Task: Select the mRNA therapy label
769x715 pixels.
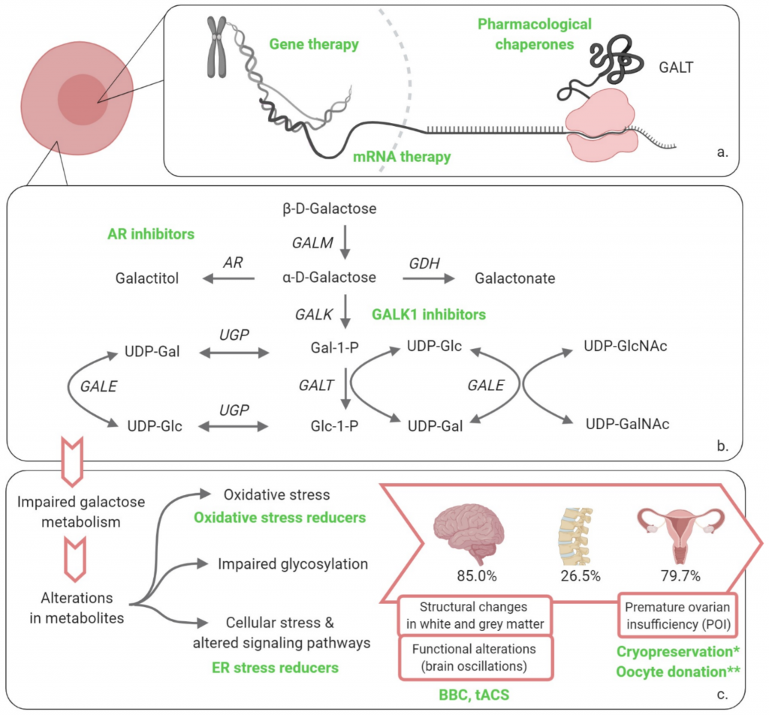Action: click(x=403, y=157)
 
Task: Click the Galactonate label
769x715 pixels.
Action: click(x=515, y=278)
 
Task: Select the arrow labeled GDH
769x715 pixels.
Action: click(x=429, y=278)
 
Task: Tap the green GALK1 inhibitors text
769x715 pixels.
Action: click(x=429, y=315)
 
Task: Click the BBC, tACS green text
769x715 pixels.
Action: click(x=475, y=695)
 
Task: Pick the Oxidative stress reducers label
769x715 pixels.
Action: click(x=279, y=518)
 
